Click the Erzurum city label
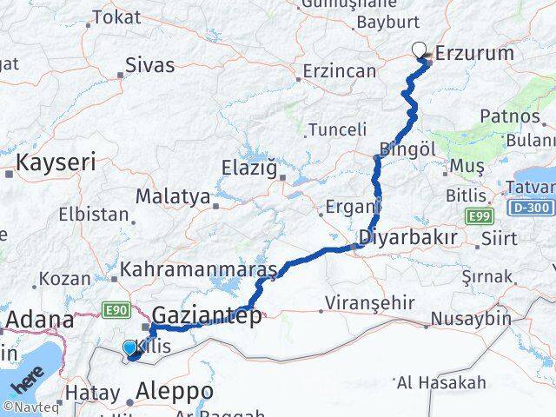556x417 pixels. (x=474, y=54)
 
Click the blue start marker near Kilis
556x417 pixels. (x=129, y=347)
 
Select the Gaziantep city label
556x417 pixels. (x=206, y=316)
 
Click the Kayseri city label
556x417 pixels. (x=56, y=162)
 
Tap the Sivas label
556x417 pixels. (x=149, y=65)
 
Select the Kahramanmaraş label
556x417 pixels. (x=198, y=270)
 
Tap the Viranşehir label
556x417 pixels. (x=360, y=303)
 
